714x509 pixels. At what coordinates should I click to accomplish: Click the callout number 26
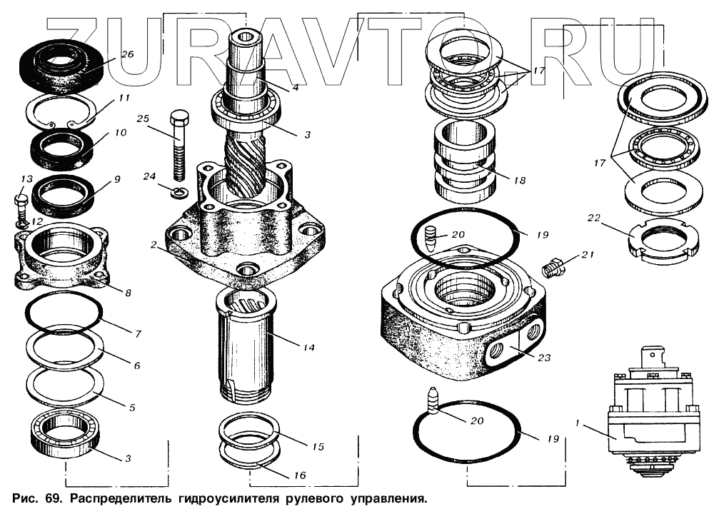[126, 54]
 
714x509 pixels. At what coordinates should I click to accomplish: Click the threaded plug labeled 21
[553, 269]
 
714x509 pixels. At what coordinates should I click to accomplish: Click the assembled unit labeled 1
[648, 414]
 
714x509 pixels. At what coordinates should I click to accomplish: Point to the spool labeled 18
[464, 161]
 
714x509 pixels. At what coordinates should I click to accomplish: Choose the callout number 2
[154, 245]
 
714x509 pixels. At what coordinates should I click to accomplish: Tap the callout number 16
[299, 475]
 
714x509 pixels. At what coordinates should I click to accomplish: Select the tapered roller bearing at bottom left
[65, 435]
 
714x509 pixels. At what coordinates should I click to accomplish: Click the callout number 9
[116, 178]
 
